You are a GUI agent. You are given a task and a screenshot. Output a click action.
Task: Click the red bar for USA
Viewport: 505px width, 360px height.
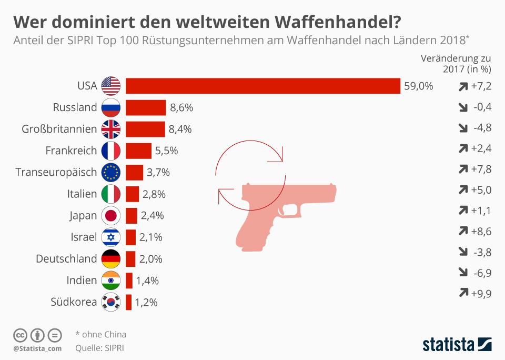click(262, 85)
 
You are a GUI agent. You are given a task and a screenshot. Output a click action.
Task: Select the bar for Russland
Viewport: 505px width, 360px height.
click(146, 107)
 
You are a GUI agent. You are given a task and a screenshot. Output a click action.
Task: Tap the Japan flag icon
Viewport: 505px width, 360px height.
click(111, 216)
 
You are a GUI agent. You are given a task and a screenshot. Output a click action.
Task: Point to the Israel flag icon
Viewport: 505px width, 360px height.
click(111, 237)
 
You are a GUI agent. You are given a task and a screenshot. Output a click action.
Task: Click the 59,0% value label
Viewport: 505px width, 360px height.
click(418, 86)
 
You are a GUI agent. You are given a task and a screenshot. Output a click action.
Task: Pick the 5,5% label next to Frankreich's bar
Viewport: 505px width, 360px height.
click(166, 151)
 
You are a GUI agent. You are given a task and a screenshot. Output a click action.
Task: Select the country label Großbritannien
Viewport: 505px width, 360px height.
click(59, 129)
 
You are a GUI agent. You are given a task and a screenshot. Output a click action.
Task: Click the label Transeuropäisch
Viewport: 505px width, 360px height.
click(56, 172)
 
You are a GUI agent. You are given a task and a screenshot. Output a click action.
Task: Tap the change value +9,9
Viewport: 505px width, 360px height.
click(481, 294)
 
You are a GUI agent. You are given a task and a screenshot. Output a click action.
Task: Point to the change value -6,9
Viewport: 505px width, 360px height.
click(482, 272)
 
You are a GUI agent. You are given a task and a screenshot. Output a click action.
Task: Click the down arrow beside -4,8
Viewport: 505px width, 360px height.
click(463, 128)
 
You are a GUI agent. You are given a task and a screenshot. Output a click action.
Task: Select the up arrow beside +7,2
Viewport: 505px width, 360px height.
click(463, 86)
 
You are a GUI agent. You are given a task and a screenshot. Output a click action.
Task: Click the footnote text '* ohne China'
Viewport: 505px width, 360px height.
click(100, 334)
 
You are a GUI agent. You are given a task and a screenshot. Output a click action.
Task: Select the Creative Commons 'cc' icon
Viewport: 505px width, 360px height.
click(20, 335)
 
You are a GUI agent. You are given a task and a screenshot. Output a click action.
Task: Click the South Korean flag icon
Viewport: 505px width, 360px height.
click(111, 302)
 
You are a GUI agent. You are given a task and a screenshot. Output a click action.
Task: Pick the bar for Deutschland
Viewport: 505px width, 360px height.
click(130, 259)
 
